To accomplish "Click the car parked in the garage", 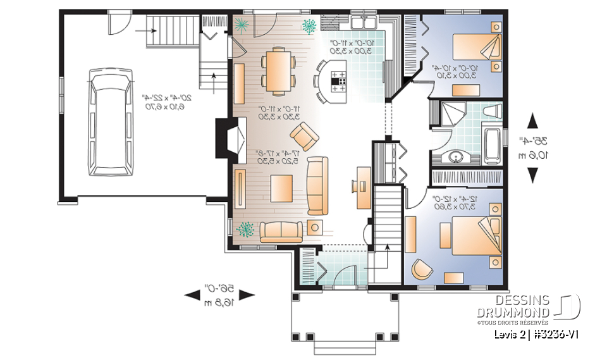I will pos(112,123).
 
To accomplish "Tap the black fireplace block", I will pos(224,138).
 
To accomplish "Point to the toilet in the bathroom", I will pos(491,112).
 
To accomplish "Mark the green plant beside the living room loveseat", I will pos(245,229).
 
